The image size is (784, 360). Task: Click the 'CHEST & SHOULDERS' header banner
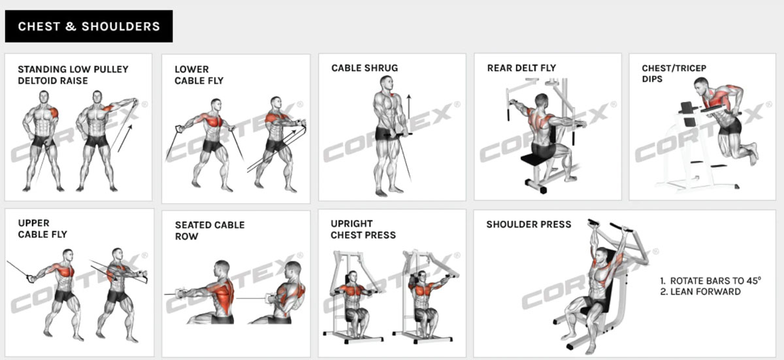tap(89, 26)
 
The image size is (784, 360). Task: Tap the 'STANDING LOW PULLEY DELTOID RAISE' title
tap(73, 75)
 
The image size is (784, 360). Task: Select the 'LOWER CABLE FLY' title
tap(199, 75)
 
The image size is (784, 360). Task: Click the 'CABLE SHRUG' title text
tap(365, 68)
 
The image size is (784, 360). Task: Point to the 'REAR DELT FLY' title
tap(521, 68)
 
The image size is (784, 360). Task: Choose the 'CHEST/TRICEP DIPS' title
tap(674, 73)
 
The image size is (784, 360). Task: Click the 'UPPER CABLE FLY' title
tap(42, 229)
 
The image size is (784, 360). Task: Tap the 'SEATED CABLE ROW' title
tap(210, 231)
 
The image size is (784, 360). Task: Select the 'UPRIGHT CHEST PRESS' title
tap(363, 229)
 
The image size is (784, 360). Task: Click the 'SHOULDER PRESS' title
tap(529, 224)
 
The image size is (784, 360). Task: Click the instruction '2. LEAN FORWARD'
tap(700, 291)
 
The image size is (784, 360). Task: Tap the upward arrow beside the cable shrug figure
tap(408, 106)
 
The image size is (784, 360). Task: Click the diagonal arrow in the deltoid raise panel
tap(125, 139)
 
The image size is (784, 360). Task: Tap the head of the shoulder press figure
tap(602, 256)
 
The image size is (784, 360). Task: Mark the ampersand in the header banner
tap(71, 26)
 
